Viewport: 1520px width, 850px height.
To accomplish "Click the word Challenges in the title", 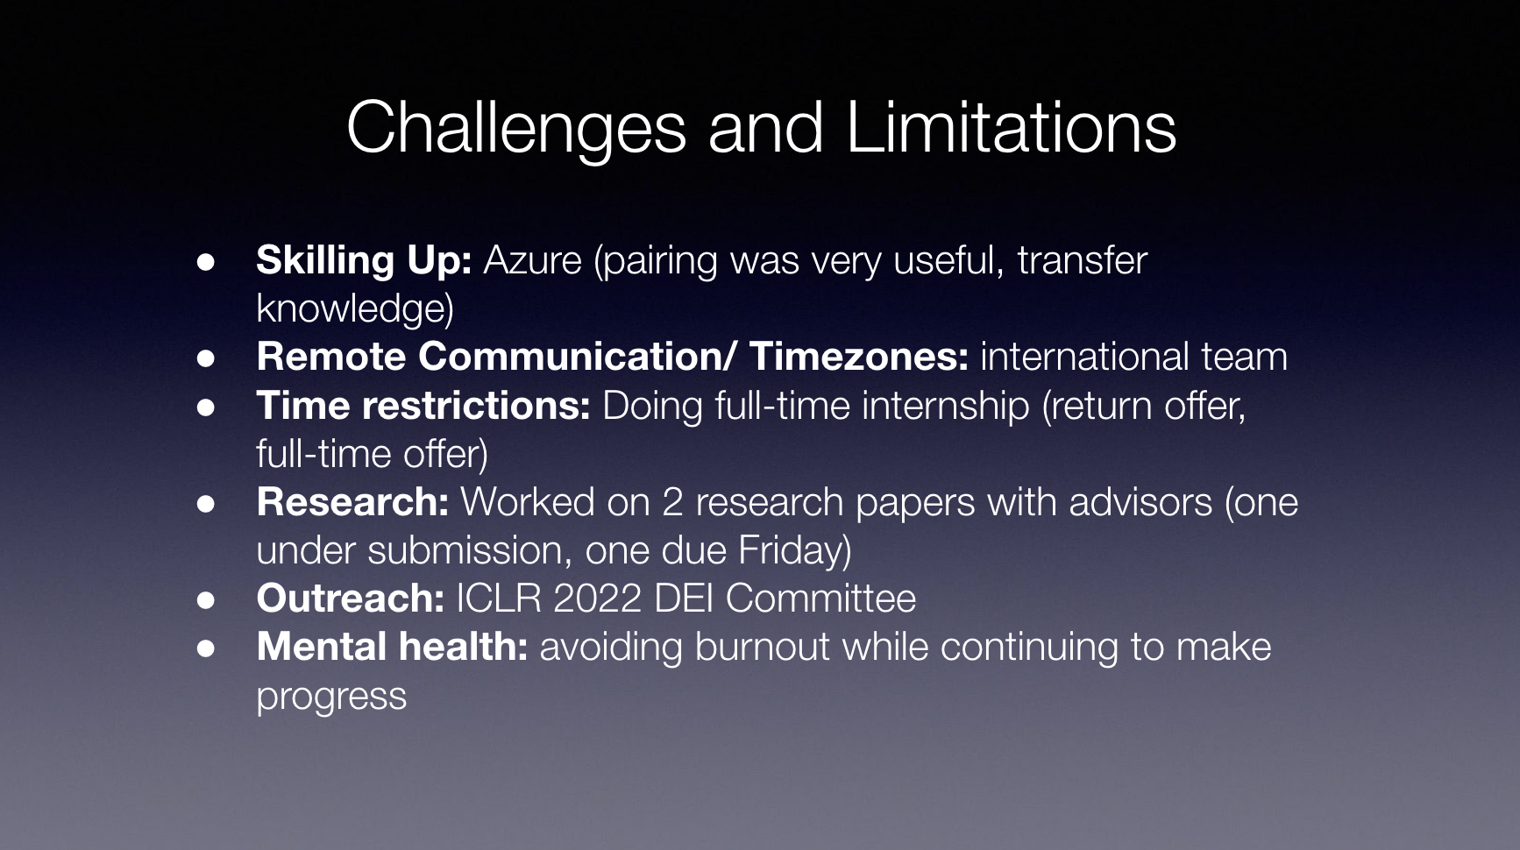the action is pyautogui.click(x=515, y=128).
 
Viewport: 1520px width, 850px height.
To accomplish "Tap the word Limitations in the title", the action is pyautogui.click(x=1012, y=128).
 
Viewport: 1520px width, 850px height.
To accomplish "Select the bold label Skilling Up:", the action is pyautogui.click(x=364, y=261).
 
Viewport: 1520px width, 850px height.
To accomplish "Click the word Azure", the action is pyautogui.click(x=532, y=260).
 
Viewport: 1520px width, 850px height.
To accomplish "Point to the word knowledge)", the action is pyautogui.click(x=355, y=309).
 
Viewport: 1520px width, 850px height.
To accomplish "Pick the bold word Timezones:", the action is pyautogui.click(x=859, y=357).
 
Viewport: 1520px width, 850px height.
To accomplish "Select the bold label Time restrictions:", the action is pyautogui.click(x=423, y=406).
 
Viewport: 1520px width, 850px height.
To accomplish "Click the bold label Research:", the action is pyautogui.click(x=352, y=502).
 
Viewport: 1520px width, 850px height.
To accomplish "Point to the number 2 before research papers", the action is pyautogui.click(x=672, y=502).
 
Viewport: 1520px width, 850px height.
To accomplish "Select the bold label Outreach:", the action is pyautogui.click(x=351, y=599).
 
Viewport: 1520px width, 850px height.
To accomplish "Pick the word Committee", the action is pyautogui.click(x=820, y=599).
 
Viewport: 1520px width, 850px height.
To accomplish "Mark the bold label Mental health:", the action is pyautogui.click(x=392, y=647).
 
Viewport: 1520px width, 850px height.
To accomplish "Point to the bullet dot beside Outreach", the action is pyautogui.click(x=206, y=599).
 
